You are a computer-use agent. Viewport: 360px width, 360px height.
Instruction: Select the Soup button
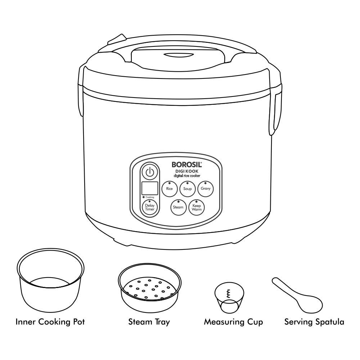coord(187,189)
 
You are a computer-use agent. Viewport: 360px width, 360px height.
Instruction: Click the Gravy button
coord(206,189)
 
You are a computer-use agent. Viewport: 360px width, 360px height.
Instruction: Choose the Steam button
coord(178,207)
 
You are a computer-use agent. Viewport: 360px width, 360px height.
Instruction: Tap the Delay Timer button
coord(149,207)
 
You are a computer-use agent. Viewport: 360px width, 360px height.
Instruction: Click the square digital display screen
coord(150,188)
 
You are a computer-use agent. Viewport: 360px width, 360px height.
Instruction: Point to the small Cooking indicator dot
coord(144,197)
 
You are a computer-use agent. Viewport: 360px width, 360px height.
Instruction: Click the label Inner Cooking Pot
coord(50,321)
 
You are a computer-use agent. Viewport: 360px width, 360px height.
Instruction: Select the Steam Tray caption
coord(149,321)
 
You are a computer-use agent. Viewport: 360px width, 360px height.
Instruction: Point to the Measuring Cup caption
coord(233,321)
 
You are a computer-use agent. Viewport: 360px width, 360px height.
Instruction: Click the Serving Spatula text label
coord(314,321)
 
